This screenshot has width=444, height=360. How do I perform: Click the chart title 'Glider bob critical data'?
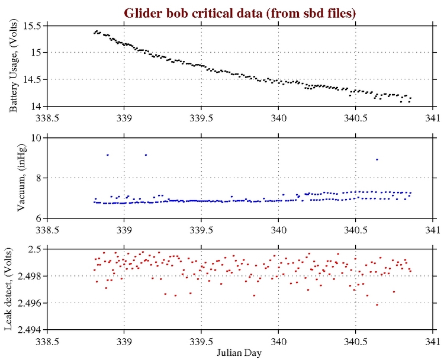[240, 13]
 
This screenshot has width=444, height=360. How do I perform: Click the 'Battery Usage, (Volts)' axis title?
[14, 66]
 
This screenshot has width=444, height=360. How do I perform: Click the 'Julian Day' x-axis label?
[240, 352]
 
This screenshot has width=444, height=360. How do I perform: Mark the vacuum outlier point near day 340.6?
[377, 159]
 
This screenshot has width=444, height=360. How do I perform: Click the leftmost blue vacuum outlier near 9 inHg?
[107, 155]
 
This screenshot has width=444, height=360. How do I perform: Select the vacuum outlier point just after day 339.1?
[146, 155]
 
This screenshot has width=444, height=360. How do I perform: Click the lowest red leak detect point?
[377, 304]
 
